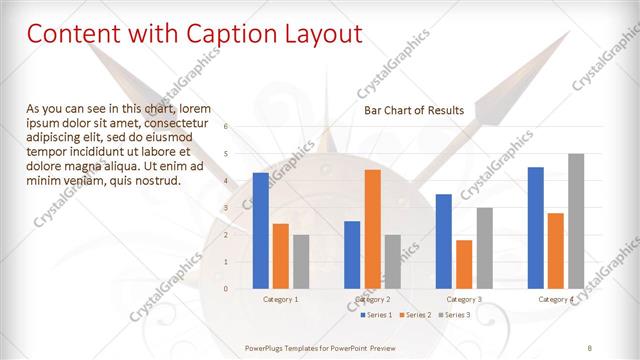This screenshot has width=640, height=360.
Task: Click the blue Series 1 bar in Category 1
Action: [261, 230]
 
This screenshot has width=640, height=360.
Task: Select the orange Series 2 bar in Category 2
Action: [372, 229]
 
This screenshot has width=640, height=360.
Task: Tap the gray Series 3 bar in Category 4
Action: [576, 221]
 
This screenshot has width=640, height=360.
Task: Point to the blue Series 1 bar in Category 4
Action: [536, 227]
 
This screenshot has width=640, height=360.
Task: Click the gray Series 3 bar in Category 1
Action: [301, 261]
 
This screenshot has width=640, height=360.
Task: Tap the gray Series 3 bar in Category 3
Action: [484, 248]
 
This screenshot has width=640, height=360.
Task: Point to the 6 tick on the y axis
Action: [226, 126]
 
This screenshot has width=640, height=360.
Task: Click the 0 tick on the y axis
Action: [226, 288]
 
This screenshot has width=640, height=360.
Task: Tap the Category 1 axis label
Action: [281, 299]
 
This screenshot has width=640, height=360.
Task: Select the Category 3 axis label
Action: [464, 299]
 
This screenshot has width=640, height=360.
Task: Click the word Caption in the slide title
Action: [231, 34]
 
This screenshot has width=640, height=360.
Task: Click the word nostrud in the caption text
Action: [159, 181]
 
